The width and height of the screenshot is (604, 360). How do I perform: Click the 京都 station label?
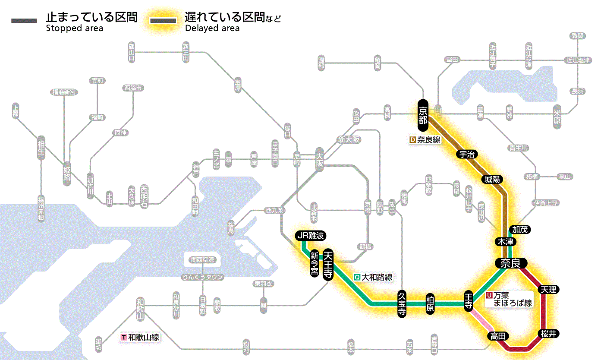(423, 115)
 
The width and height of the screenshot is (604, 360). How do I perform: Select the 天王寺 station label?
(328, 265)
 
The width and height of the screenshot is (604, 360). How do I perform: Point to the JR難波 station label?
(310, 236)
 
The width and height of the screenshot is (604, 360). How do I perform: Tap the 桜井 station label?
(549, 333)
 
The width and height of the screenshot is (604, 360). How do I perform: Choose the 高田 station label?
(498, 336)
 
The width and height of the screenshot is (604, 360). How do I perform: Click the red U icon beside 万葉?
(489, 296)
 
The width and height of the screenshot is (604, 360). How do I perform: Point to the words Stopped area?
(75, 28)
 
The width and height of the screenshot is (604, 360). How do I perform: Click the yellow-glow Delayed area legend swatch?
(163, 21)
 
